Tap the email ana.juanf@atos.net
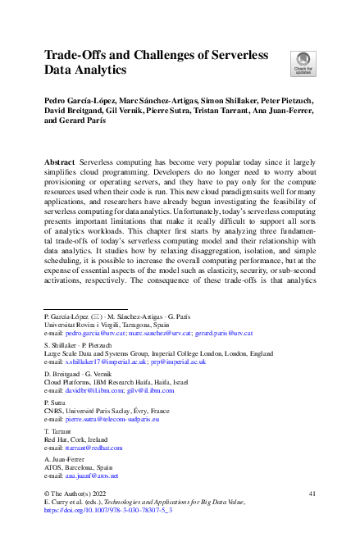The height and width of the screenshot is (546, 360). coord(90,475)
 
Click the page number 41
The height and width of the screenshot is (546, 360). coord(311,494)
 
